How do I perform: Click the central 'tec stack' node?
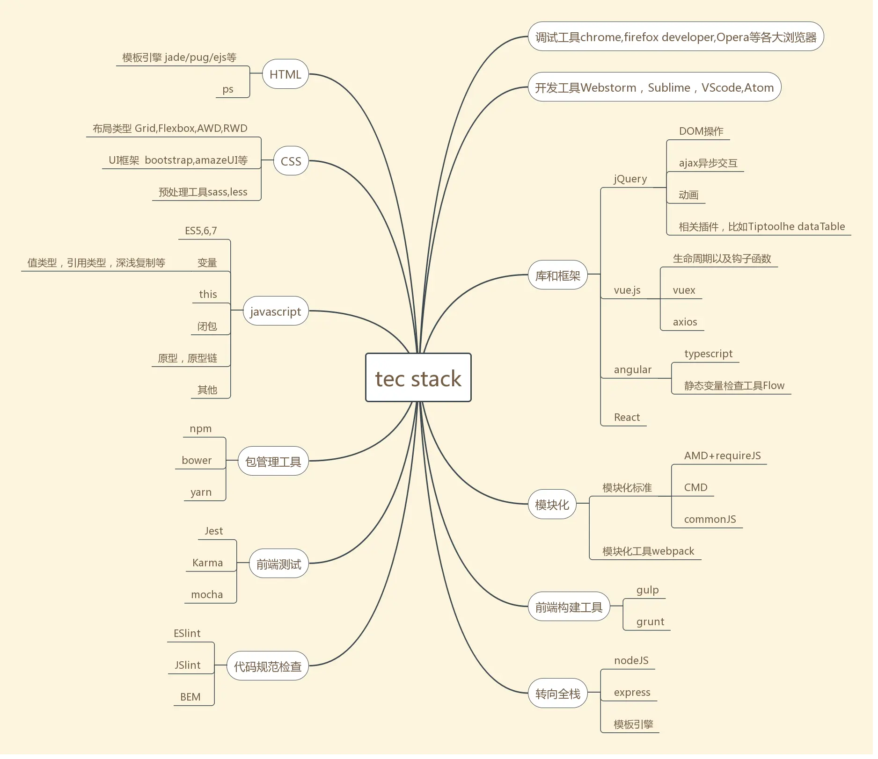tap(418, 378)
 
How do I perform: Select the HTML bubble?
tap(285, 74)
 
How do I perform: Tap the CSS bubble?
tap(291, 161)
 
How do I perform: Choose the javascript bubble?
tap(275, 311)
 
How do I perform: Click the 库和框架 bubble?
tap(557, 276)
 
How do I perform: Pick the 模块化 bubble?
tap(552, 505)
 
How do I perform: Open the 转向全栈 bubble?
tap(557, 694)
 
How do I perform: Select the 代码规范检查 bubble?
tap(267, 666)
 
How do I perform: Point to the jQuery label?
tap(630, 179)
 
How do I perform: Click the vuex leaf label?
tap(684, 290)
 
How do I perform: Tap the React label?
tap(627, 418)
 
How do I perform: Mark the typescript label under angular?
tap(708, 354)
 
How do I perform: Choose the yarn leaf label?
tap(201, 492)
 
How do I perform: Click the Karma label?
tap(207, 563)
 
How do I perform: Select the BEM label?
tap(190, 697)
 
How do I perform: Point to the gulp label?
tap(647, 590)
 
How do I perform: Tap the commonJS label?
tap(710, 520)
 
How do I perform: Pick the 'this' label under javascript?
tap(208, 295)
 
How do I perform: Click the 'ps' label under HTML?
tap(228, 89)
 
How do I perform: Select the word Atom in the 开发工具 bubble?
tap(759, 88)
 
